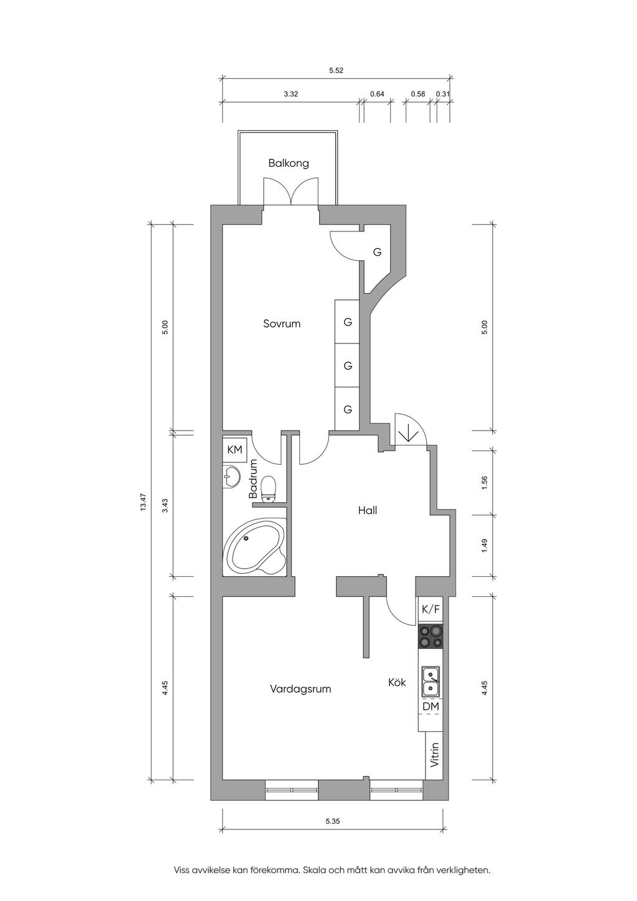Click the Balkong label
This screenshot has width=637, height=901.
(289, 164)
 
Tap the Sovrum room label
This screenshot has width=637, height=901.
(282, 324)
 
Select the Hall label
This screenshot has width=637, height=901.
(368, 510)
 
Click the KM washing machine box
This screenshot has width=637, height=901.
(235, 449)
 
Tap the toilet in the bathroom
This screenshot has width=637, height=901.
(268, 488)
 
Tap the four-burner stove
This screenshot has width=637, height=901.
(430, 636)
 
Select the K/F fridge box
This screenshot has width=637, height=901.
(430, 609)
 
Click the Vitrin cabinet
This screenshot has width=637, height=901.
(434, 755)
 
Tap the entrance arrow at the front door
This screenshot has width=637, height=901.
(408, 433)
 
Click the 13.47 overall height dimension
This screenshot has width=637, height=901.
(143, 502)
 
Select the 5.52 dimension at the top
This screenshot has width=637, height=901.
(336, 70)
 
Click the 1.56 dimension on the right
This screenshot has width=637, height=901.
(485, 482)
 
